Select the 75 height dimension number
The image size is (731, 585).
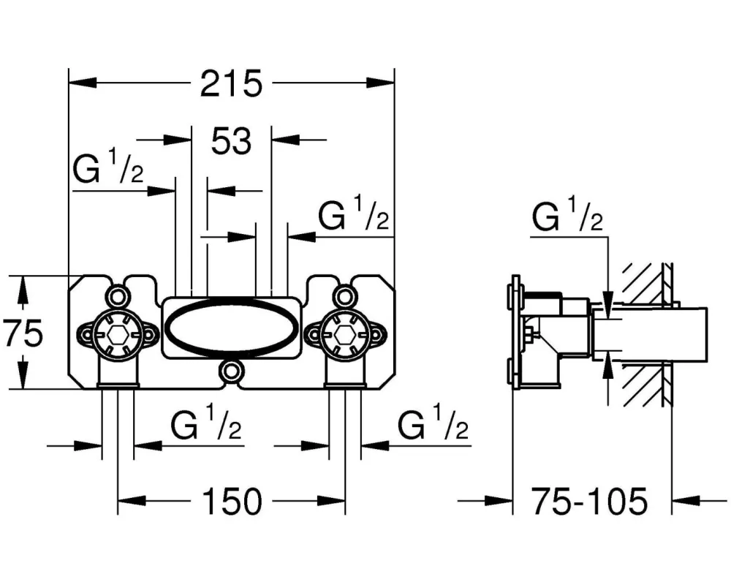[22, 334]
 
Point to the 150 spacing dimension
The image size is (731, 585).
[231, 502]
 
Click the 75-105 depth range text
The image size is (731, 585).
[588, 502]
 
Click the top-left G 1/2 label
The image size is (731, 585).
[107, 171]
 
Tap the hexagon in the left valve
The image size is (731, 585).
[118, 336]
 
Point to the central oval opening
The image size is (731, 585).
[230, 326]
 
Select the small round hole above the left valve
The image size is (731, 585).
[116, 295]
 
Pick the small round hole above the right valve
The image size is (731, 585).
[343, 295]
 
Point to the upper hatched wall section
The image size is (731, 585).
[643, 282]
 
